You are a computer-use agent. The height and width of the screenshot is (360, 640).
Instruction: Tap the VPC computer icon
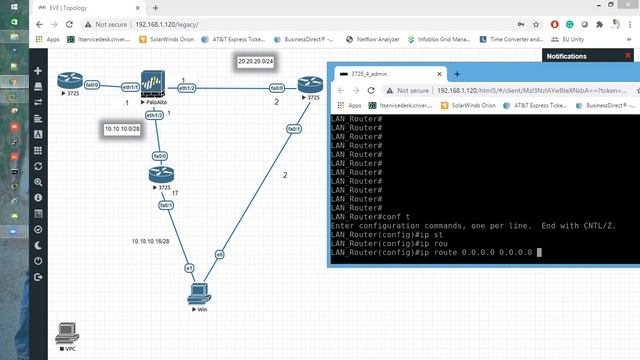pyautogui.click(x=68, y=332)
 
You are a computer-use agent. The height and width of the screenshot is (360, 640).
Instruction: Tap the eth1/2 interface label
pyautogui.click(x=186, y=88)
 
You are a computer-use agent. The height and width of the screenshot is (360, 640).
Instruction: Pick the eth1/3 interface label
pyautogui.click(x=156, y=115)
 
